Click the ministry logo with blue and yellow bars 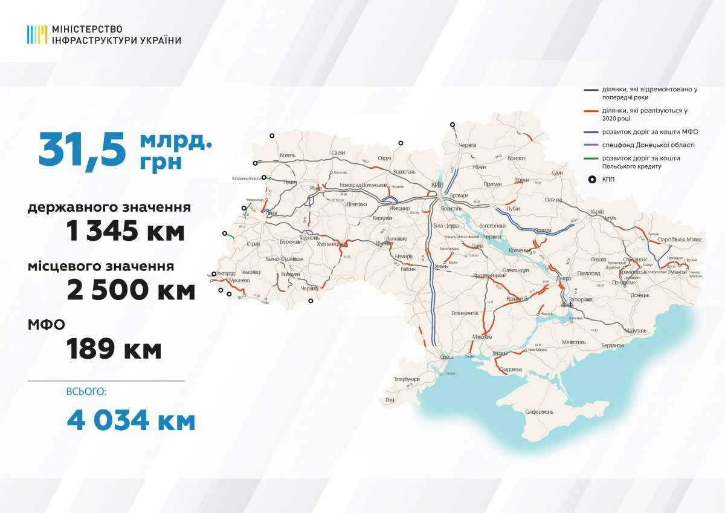click(37, 34)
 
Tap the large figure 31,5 click(82, 150)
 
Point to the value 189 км click(114, 349)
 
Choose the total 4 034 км click(131, 421)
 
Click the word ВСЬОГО click(86, 392)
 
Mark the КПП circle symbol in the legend click(593, 180)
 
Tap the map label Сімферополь click(540, 412)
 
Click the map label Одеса click(446, 357)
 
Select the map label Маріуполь click(636, 331)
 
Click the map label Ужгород click(225, 273)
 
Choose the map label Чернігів click(468, 145)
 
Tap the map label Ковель click(288, 155)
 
